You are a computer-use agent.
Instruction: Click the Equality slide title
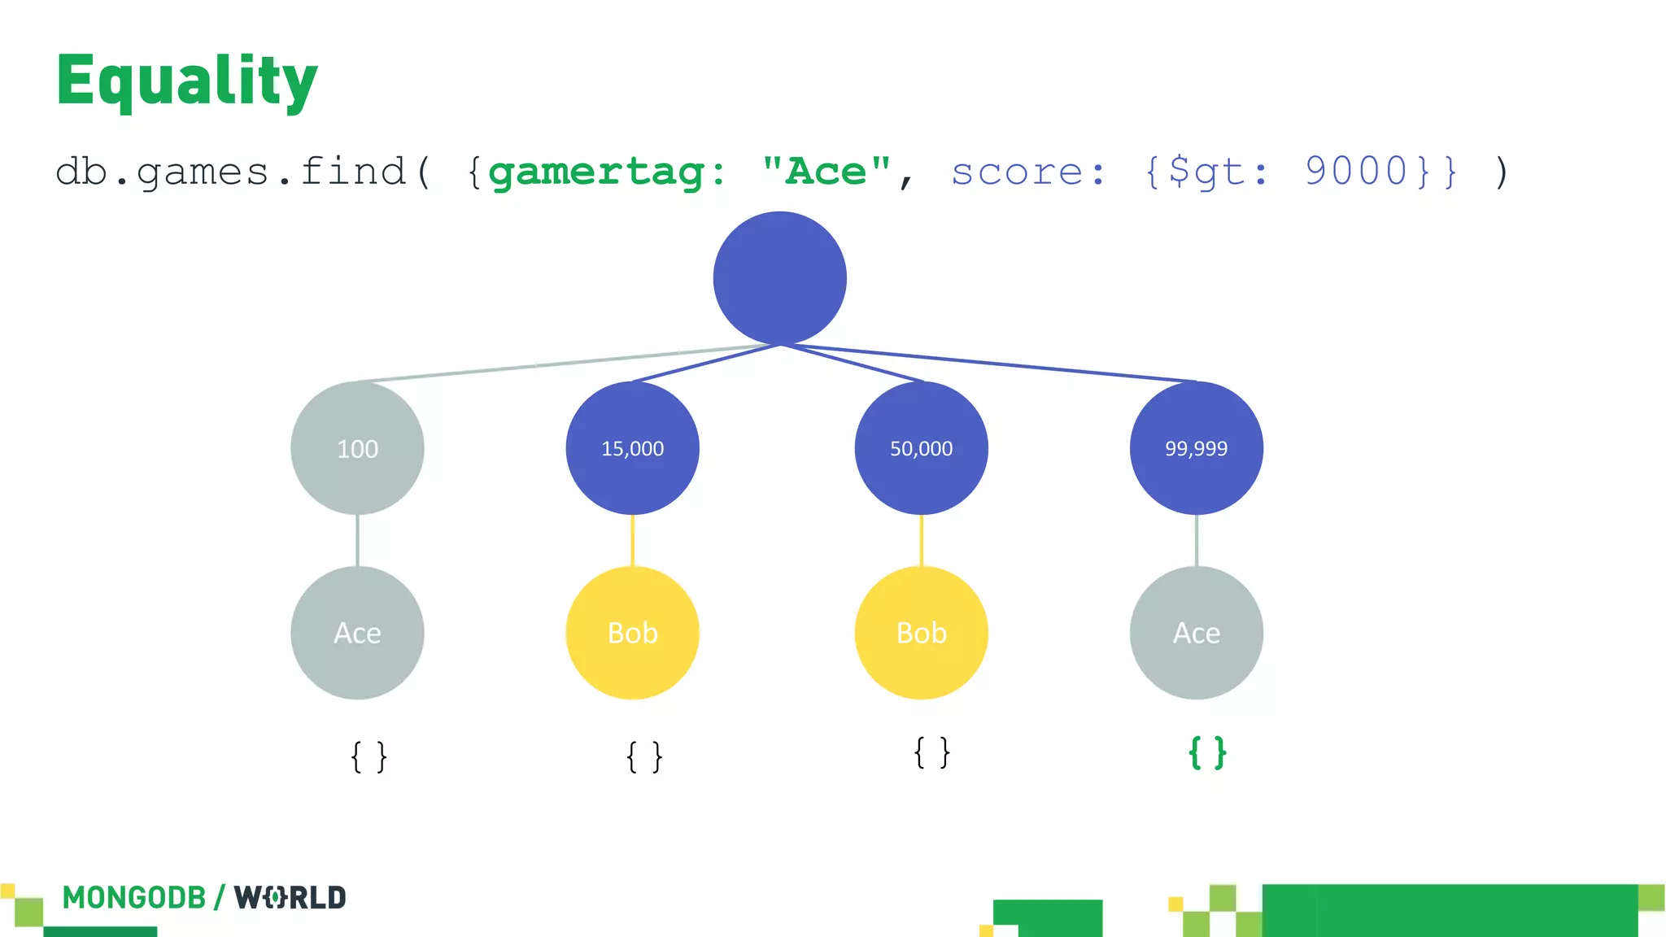pyautogui.click(x=186, y=81)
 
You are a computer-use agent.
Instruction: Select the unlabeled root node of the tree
pyautogui.click(x=779, y=278)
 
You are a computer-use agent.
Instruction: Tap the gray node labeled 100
pyautogui.click(x=357, y=448)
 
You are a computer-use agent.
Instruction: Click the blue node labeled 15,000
pyautogui.click(x=632, y=448)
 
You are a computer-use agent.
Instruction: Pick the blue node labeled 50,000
pyautogui.click(x=921, y=448)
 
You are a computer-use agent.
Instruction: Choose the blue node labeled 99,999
pyautogui.click(x=1196, y=448)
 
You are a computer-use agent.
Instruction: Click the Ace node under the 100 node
pyautogui.click(x=357, y=633)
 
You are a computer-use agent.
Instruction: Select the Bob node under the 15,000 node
pyautogui.click(x=632, y=633)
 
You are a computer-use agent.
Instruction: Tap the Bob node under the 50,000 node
pyautogui.click(x=921, y=633)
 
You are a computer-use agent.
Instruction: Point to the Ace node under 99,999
pyautogui.click(x=1196, y=633)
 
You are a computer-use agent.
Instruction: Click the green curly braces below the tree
pyautogui.click(x=1207, y=752)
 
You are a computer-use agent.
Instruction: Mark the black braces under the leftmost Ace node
pyautogui.click(x=369, y=756)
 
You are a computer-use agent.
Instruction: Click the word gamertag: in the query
pyautogui.click(x=606, y=172)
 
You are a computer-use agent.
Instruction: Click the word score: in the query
pyautogui.click(x=1028, y=172)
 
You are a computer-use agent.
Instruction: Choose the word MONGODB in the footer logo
pyautogui.click(x=134, y=898)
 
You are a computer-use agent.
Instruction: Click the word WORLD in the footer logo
pyautogui.click(x=290, y=898)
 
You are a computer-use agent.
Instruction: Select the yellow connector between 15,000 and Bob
pyautogui.click(x=632, y=540)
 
